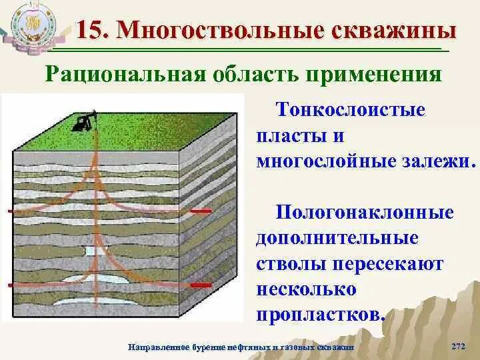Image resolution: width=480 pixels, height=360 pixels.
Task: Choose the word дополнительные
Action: [x=337, y=238]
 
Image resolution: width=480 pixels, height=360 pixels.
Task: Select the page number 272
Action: [x=458, y=347]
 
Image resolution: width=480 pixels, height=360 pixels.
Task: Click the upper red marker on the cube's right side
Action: [x=201, y=211]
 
